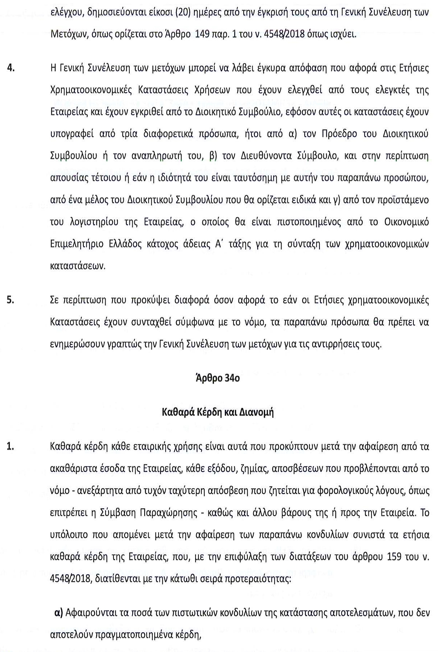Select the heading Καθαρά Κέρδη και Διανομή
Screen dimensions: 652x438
click(218, 412)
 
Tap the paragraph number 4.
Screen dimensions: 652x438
click(11, 68)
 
